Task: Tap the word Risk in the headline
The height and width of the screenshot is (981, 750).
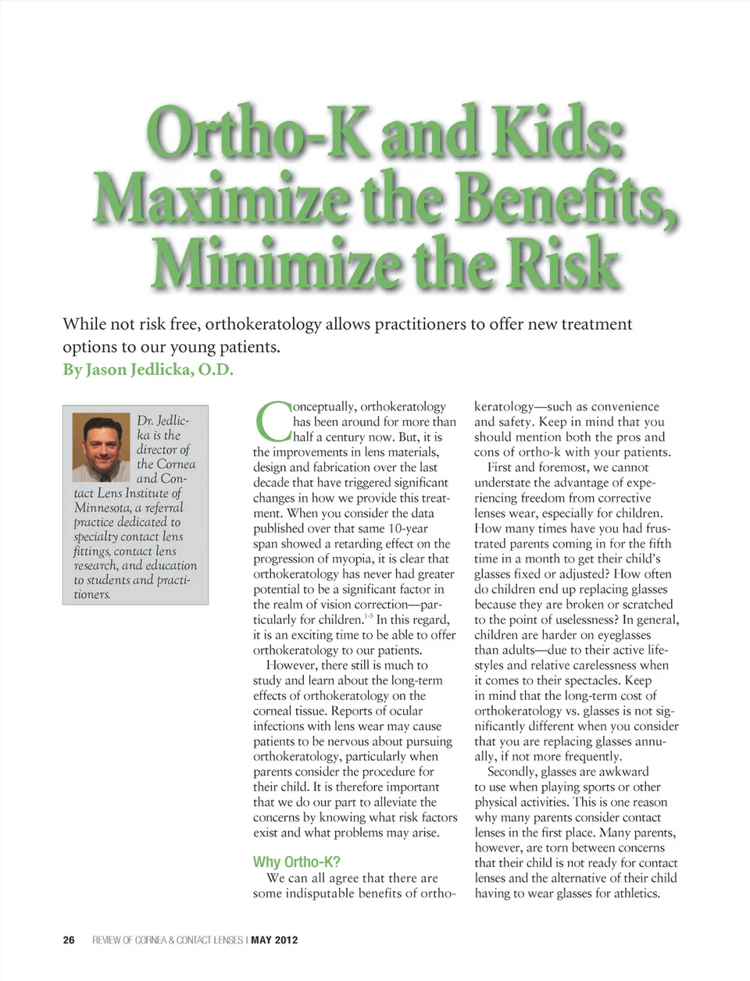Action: [562, 264]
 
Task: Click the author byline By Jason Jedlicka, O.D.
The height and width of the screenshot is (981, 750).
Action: [148, 369]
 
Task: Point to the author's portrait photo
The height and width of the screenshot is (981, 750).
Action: [101, 448]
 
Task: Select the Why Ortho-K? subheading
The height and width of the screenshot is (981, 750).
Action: [296, 861]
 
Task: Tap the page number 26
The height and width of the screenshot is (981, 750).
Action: [69, 940]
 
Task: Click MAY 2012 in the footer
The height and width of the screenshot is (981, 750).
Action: [274, 940]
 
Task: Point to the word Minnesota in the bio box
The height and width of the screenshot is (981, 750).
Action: [102, 508]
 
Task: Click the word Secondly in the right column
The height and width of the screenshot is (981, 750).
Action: [512, 772]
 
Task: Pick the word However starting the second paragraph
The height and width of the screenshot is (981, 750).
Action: [291, 665]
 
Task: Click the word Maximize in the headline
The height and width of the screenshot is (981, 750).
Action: [221, 198]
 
